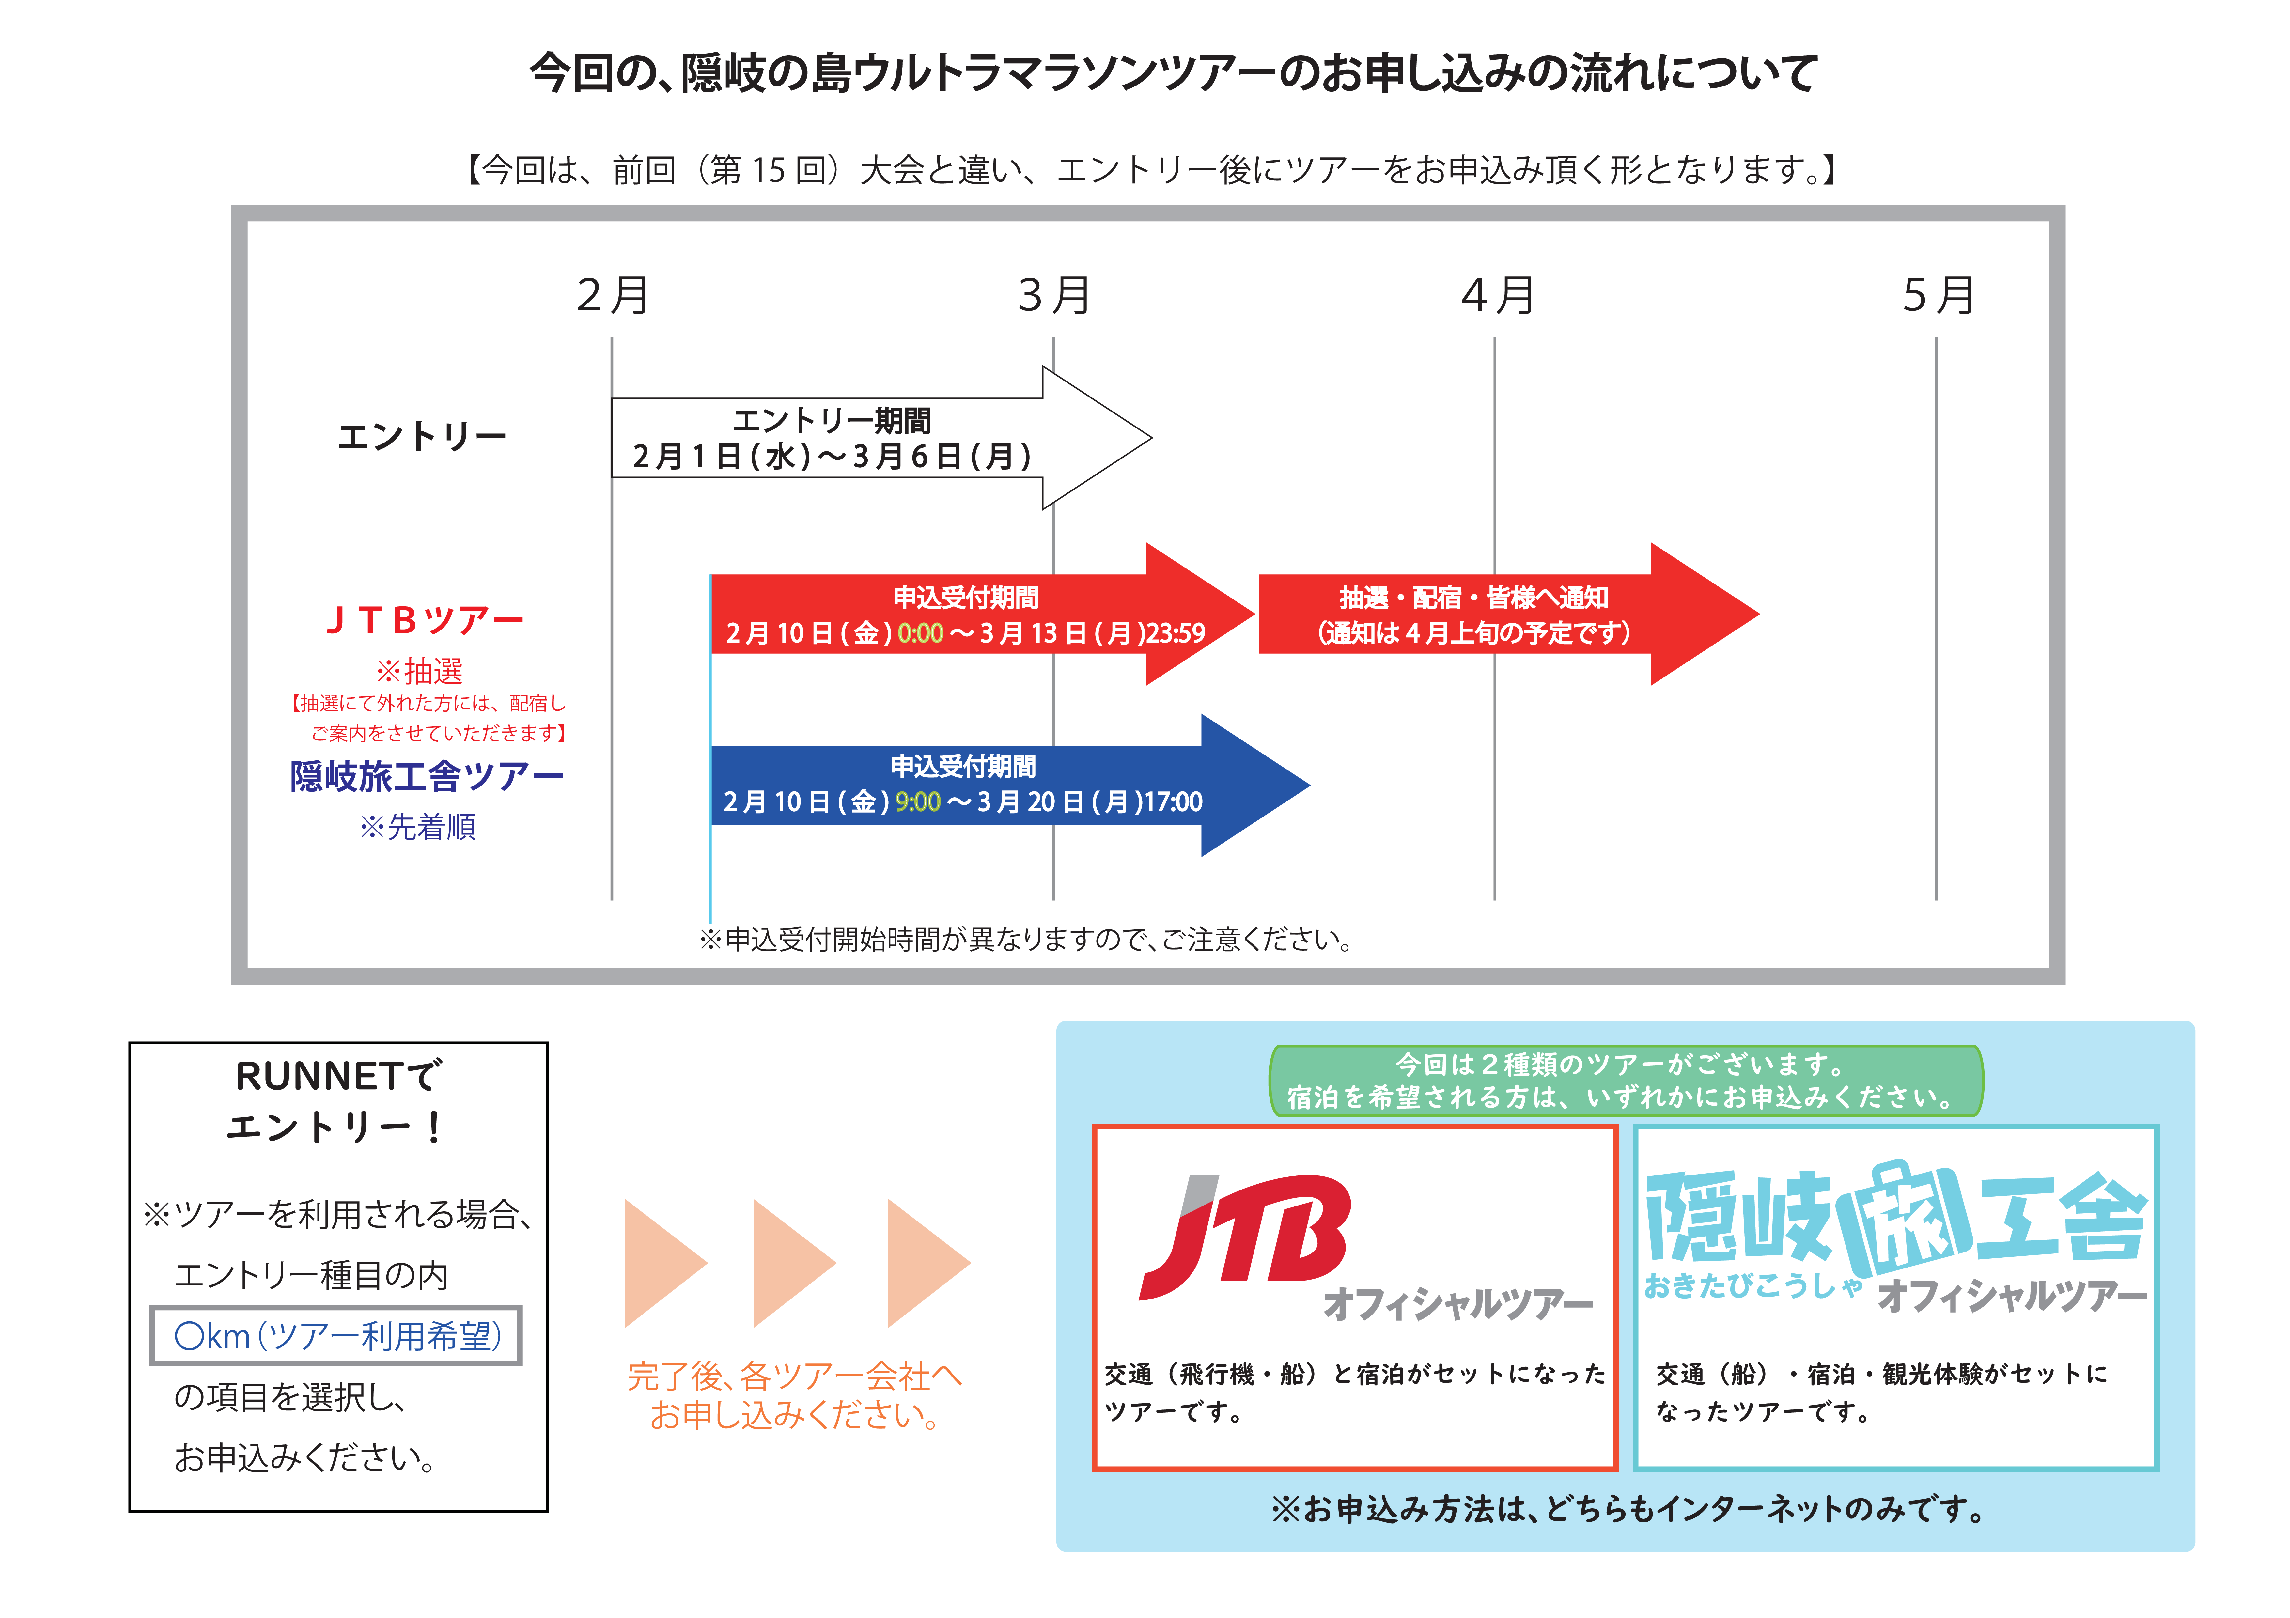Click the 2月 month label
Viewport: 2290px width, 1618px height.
612,295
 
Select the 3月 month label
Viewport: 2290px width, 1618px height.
1054,295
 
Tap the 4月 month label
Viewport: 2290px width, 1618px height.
1497,295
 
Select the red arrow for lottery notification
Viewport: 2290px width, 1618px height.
1508,615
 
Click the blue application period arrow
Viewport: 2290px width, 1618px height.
1009,785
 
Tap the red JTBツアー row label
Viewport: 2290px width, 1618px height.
425,620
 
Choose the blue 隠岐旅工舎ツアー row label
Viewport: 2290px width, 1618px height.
427,776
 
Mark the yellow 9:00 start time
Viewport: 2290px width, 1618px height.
918,802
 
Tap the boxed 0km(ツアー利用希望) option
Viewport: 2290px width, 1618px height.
336,1336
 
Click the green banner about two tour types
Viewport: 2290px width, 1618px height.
1626,1080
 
